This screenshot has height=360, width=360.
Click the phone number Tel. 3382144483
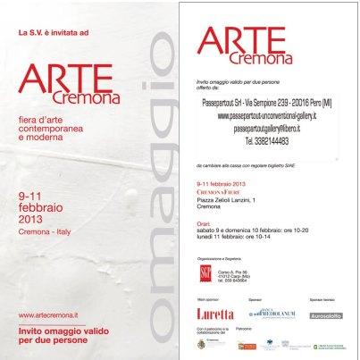point(268,141)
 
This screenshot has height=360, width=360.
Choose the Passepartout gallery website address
point(268,115)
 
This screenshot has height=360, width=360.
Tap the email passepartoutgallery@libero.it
point(268,129)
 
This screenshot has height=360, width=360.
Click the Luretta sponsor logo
point(215,314)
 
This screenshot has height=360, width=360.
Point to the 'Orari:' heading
point(205,224)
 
